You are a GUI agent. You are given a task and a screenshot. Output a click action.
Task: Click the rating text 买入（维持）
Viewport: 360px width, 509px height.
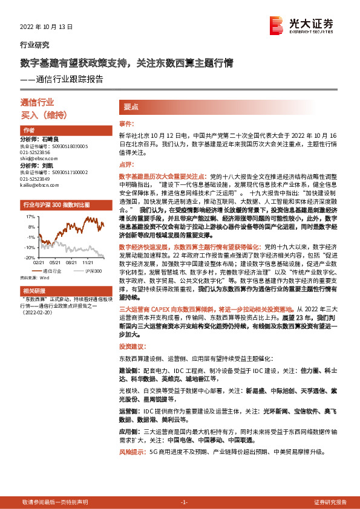[43, 114]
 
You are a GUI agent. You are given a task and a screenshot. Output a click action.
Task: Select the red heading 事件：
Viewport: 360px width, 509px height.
[125, 123]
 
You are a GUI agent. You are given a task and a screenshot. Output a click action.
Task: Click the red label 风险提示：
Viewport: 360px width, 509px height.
[133, 452]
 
